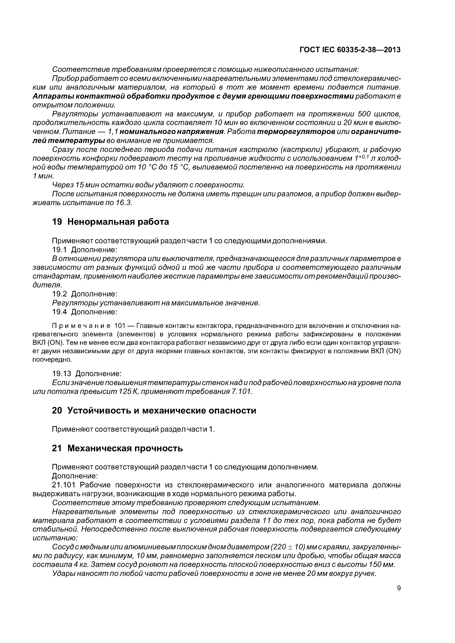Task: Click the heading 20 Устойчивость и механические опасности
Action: (x=154, y=411)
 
